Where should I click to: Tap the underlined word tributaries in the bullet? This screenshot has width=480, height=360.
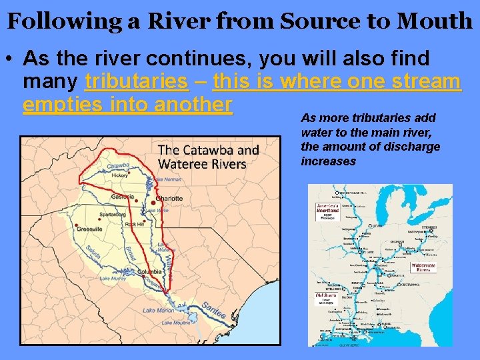coord(137,81)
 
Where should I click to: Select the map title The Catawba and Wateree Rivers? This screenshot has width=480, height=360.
coord(208,157)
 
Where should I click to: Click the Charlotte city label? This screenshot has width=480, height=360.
coord(169,199)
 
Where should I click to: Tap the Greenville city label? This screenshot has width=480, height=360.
coord(90,229)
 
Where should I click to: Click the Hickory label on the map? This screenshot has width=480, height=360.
coord(120,175)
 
